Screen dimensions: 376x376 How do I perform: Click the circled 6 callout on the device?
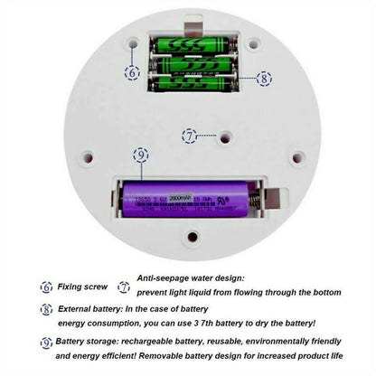134,72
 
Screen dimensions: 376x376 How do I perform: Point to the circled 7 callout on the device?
189,136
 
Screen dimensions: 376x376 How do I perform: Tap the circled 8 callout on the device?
264,79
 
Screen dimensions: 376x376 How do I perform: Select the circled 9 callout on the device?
140,155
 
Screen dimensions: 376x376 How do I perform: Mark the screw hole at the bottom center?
191,238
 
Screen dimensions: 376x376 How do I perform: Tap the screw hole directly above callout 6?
134,42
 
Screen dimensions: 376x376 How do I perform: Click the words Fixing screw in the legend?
83,287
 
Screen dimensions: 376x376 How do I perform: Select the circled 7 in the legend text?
124,287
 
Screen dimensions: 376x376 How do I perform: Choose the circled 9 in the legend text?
46,343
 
